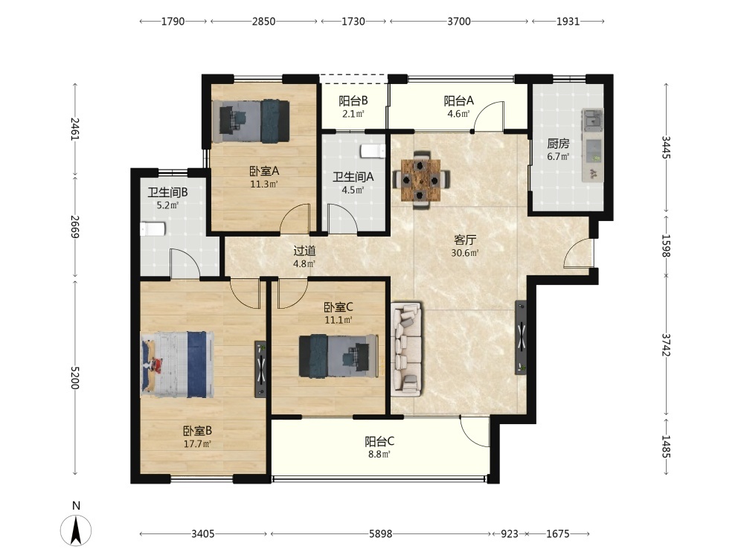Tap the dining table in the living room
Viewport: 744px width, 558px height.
coord(420,180)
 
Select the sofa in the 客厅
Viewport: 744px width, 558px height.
coord(407,350)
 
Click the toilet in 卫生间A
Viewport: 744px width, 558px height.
coord(373,151)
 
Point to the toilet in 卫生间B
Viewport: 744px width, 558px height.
coord(153,228)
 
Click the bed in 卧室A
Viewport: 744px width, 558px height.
coord(251,121)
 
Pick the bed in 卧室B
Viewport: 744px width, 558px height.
coord(177,365)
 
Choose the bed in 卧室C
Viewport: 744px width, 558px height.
coord(339,356)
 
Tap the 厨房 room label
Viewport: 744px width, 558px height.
coord(558,144)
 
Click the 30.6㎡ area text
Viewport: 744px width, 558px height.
coord(464,253)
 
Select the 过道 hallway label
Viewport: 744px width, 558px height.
coord(304,251)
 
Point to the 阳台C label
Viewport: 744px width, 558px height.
coord(379,442)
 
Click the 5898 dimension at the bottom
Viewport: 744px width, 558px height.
coord(380,533)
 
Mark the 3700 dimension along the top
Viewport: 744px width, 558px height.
coord(459,22)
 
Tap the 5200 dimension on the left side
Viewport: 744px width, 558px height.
coord(75,378)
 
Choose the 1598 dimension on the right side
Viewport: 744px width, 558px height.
coord(666,246)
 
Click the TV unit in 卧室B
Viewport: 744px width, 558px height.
coord(260,369)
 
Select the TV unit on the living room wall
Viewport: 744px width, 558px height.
coord(521,337)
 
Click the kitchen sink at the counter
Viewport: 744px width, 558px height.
coord(593,120)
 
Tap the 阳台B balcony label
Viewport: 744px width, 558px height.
coord(353,101)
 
